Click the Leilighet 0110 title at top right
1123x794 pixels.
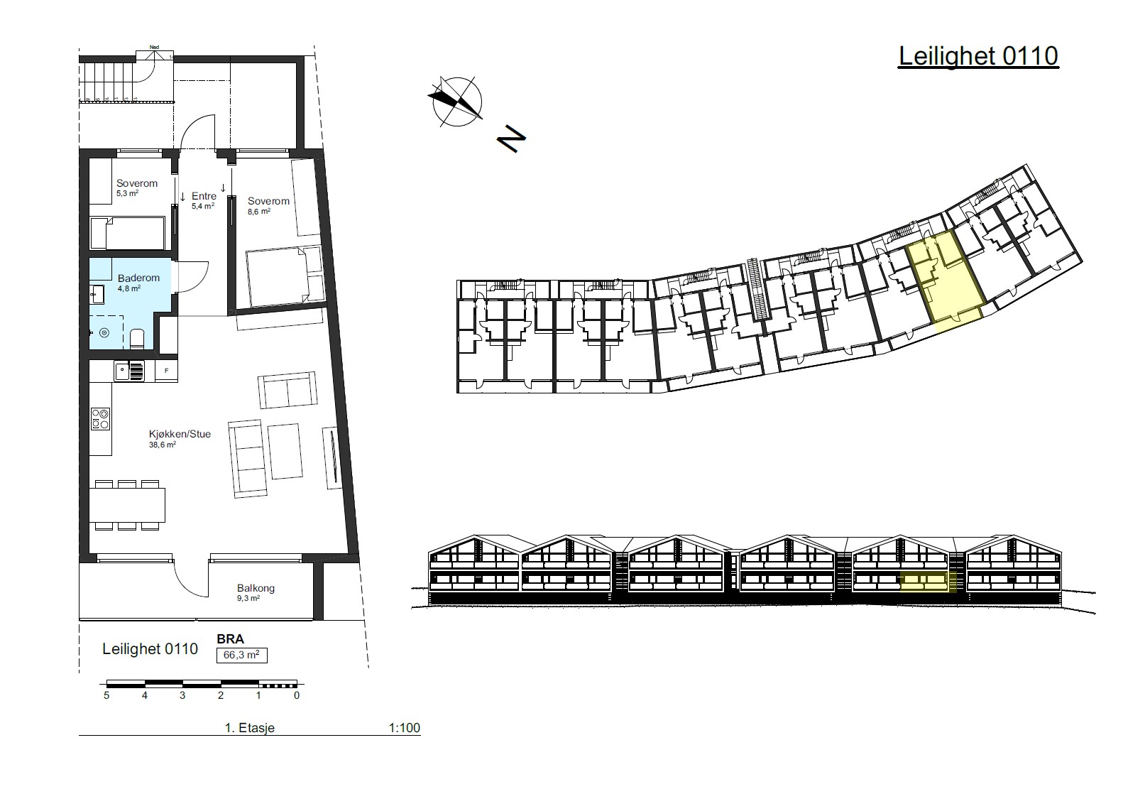[x=978, y=57]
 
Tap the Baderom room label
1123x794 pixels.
[x=138, y=278]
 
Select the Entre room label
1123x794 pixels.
[x=204, y=196]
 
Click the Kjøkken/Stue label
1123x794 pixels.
[x=180, y=434]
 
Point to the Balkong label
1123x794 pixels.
[x=256, y=588]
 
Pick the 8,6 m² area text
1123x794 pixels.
[x=258, y=212]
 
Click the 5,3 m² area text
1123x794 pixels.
[x=127, y=193]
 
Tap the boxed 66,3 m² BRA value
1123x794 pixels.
[x=241, y=655]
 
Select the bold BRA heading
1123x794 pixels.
[x=230, y=639]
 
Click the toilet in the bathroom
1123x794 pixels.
[x=138, y=339]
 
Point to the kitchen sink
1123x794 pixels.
[x=129, y=371]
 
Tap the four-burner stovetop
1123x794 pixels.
[x=100, y=419]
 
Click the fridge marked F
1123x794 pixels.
[x=166, y=371]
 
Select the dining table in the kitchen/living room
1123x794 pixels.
[x=127, y=505]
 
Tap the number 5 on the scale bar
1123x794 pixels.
[x=106, y=695]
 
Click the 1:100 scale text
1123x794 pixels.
[x=404, y=728]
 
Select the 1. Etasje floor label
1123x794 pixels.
[x=250, y=728]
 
